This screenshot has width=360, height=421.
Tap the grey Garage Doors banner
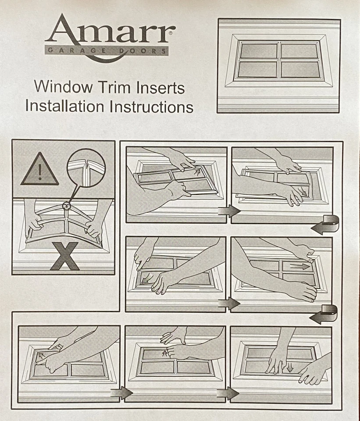[107, 51]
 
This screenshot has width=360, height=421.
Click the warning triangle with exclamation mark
[39, 169]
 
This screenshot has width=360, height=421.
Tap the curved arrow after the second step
[325, 226]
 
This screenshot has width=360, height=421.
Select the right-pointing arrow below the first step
[229, 211]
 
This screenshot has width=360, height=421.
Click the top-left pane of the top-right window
[259, 51]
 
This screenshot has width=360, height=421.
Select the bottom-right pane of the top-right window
[300, 69]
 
